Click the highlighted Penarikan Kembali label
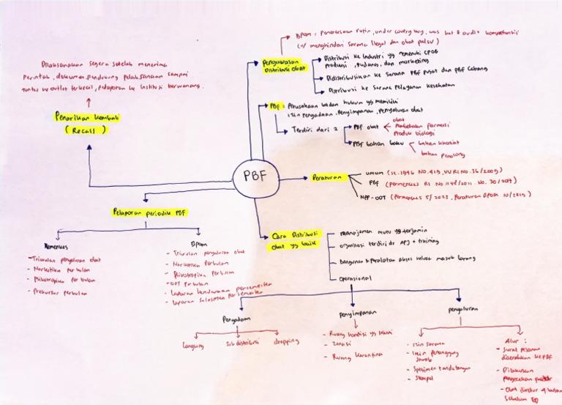(88, 117)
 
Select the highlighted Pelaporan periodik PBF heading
(150, 212)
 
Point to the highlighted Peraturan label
(327, 177)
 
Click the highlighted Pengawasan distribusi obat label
(284, 67)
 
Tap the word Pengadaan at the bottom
(238, 319)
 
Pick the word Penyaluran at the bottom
(462, 309)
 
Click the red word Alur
(512, 340)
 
